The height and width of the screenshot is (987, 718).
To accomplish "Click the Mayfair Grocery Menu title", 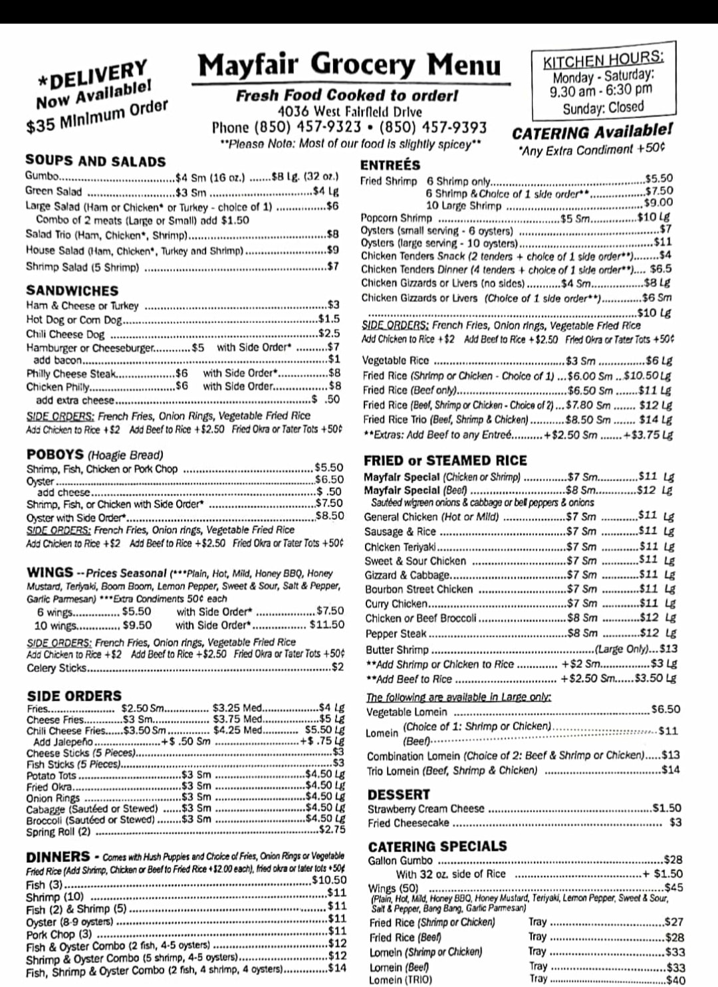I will pos(350,66).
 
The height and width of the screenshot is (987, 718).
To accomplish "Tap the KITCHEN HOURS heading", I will pos(602,59).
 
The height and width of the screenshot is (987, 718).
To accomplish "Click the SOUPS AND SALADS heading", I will pos(95,161).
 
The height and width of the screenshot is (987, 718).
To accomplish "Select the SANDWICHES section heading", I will pos(72,290).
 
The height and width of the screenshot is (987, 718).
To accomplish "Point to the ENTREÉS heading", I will pos(390,165).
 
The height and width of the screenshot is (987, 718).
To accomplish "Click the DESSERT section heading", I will pos(398,794).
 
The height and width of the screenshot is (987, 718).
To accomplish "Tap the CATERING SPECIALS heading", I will pos(437,846).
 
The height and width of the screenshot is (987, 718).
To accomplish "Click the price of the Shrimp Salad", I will pos(332,267).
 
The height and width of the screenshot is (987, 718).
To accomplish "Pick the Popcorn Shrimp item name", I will pos(396,217).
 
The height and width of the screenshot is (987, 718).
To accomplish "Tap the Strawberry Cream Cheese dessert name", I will pos(425,809).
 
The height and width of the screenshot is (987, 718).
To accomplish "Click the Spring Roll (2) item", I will pos(59,831).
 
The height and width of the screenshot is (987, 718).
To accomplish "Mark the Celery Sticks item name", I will pos(57,668).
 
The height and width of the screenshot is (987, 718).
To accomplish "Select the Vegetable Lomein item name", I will pos(407,712).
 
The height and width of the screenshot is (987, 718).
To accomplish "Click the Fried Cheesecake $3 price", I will pos(675,823).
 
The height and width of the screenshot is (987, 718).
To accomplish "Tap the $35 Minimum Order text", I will pos(96,117).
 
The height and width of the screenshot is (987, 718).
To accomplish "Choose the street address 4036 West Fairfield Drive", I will pos(349,112).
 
